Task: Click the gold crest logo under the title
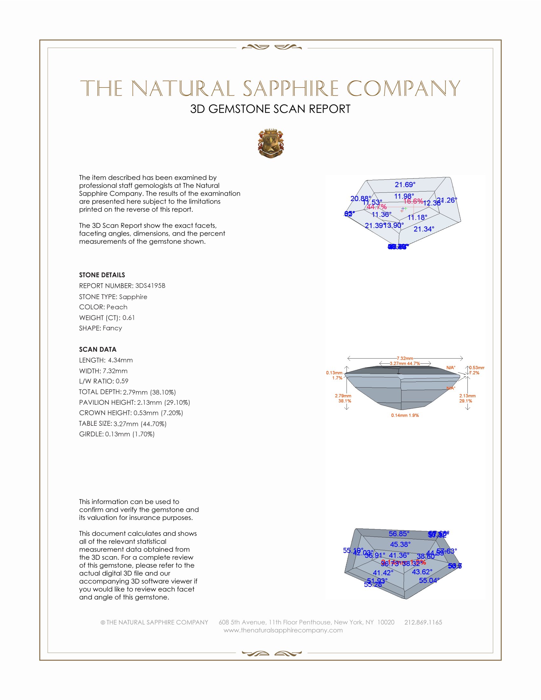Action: point(270,143)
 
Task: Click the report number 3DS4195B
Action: point(150,286)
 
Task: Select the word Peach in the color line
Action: point(117,307)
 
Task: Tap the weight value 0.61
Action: point(129,318)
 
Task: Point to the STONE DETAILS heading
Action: point(102,275)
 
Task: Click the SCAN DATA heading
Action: point(97,349)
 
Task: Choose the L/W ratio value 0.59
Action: point(122,381)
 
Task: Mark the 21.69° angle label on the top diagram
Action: point(405,185)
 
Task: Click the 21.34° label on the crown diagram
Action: point(424,229)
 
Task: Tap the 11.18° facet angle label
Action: point(417,218)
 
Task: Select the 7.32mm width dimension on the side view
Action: point(405,358)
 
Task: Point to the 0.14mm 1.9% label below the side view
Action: point(405,415)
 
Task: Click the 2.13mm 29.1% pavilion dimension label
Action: point(467,398)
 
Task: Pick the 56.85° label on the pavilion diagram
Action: point(399,534)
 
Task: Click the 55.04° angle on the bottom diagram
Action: point(429,580)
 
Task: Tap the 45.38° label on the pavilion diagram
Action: point(400,544)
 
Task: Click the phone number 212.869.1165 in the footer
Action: point(423,622)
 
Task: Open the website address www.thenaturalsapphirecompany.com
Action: point(283,630)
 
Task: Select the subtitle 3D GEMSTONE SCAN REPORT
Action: point(270,109)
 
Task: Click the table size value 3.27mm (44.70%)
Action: point(140,424)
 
